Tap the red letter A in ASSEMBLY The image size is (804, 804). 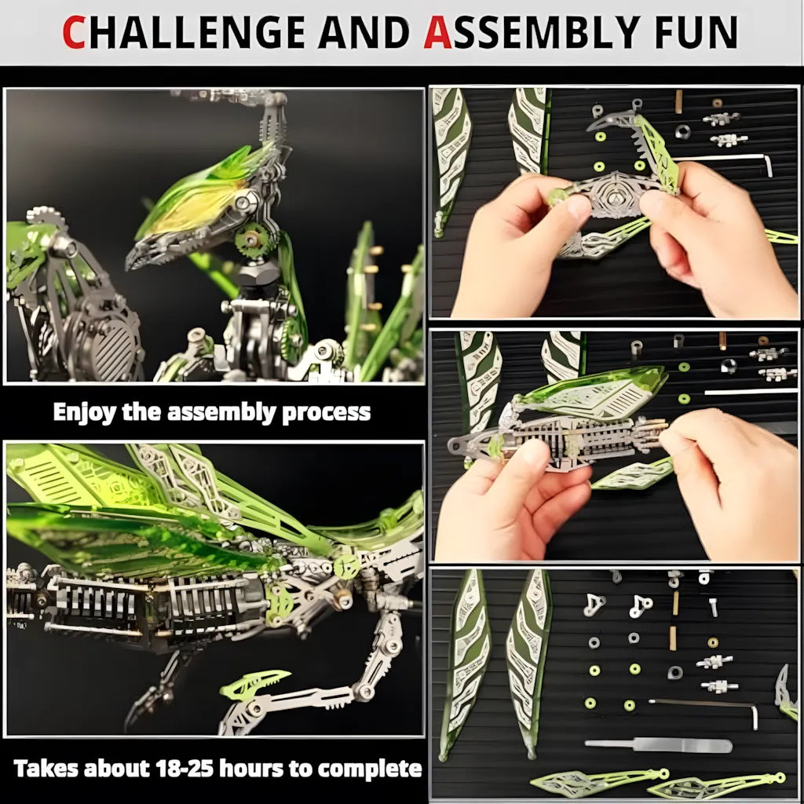point(437,32)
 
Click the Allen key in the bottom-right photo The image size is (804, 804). point(707,707)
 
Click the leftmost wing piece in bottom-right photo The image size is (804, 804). point(465,660)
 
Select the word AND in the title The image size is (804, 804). point(364,32)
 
